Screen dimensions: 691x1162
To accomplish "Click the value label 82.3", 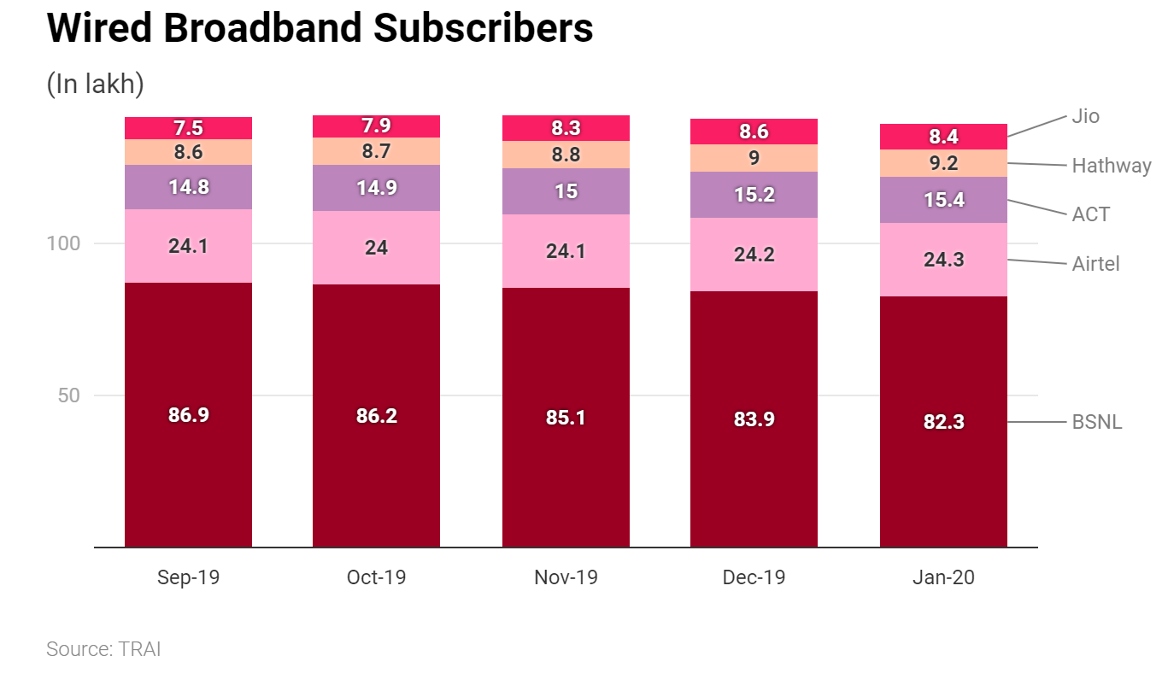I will (x=943, y=421).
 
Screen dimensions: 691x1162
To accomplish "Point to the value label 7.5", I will (x=188, y=128).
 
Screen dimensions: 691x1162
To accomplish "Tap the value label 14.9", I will (x=376, y=188).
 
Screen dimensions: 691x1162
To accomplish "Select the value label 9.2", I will (x=943, y=163).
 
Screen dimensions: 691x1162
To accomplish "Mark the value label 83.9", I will (x=754, y=419).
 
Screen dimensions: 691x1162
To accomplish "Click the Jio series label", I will (x=1085, y=116).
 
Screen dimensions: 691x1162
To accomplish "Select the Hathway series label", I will (x=1111, y=166).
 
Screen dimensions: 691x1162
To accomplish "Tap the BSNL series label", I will (x=1096, y=422).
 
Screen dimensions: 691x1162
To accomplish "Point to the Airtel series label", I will (x=1095, y=264).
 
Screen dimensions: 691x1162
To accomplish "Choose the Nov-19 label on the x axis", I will (x=566, y=577).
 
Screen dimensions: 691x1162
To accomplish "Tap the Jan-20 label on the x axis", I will (x=943, y=577).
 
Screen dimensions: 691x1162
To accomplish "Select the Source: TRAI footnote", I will (x=103, y=649).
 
